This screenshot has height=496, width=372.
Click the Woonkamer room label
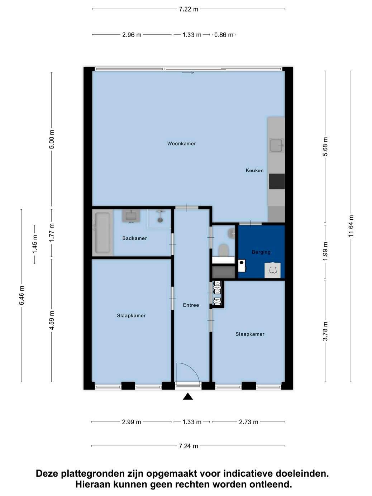click(x=181, y=143)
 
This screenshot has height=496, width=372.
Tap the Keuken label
click(x=254, y=170)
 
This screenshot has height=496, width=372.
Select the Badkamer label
click(x=135, y=238)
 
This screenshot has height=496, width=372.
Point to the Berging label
click(x=261, y=252)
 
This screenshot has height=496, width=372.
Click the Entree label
click(x=191, y=305)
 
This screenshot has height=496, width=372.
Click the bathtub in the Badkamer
click(x=102, y=233)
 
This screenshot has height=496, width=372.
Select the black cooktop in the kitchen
click(x=277, y=181)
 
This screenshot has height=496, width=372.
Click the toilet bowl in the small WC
click(x=224, y=250)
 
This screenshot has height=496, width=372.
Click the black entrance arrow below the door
click(x=188, y=396)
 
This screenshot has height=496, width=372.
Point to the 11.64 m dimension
click(x=351, y=226)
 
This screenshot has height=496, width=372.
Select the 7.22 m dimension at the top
click(x=189, y=9)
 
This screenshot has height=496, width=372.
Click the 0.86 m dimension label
click(x=224, y=35)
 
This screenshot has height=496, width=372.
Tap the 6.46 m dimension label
click(x=22, y=295)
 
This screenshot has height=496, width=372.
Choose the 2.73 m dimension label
click(x=248, y=422)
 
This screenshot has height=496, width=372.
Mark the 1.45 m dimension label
click(x=34, y=244)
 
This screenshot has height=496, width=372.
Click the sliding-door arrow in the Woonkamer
click(x=188, y=73)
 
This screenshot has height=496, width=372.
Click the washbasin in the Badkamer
click(x=131, y=216)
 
